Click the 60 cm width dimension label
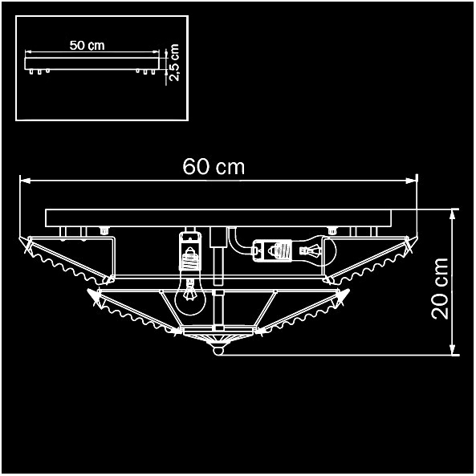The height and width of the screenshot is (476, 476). click(x=214, y=167)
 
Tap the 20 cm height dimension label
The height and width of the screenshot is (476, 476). click(x=440, y=288)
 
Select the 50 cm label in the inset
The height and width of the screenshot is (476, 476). click(x=87, y=45)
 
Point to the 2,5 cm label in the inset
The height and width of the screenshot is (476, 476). click(x=174, y=63)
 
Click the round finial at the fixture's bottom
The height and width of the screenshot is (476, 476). click(x=218, y=350)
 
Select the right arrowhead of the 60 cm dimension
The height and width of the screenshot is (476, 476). click(x=411, y=181)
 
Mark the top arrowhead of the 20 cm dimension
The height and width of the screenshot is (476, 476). click(x=453, y=214)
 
